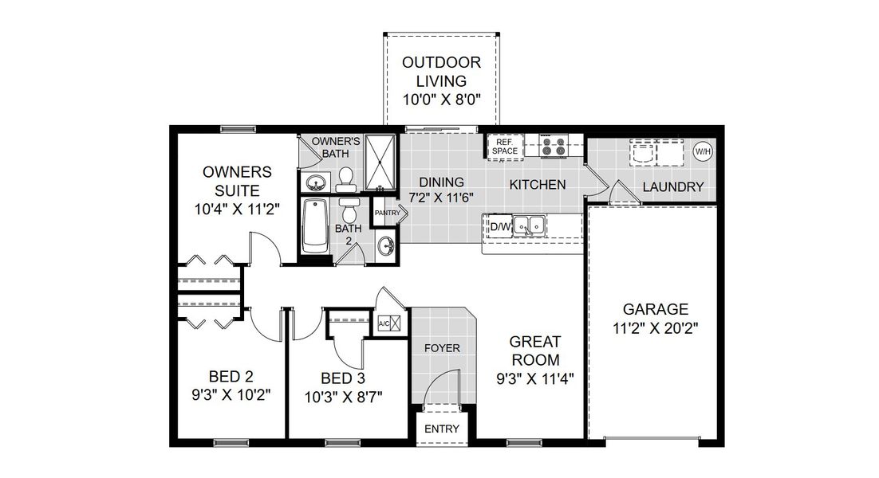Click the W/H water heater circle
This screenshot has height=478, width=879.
coord(703,151)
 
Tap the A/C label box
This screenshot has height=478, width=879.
coord(384,323)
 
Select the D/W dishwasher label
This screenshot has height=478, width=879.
coord(499,227)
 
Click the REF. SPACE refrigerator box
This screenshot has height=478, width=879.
coord(505,147)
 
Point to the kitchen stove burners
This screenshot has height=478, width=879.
coord(553,147)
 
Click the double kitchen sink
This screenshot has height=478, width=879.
coord(528,226)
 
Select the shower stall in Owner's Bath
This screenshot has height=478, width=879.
coord(381,163)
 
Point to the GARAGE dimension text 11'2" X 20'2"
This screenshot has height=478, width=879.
coord(655,327)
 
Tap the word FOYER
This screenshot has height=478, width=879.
coord(442,348)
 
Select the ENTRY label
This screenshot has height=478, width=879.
coord(441,429)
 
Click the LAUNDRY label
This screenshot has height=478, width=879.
coord(673,187)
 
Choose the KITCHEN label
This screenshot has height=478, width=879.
coord(538,184)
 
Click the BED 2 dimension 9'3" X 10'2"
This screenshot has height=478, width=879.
coord(231,394)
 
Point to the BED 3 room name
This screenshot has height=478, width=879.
coord(342,378)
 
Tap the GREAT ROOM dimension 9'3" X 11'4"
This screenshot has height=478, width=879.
coord(532,378)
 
